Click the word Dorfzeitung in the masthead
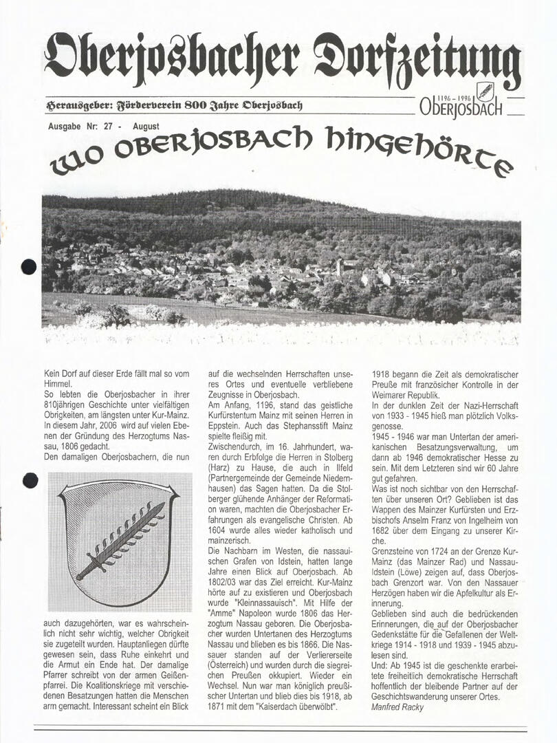(x=417, y=60)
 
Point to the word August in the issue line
(x=146, y=127)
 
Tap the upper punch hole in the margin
(x=29, y=267)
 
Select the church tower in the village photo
(x=338, y=267)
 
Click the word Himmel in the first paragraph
(x=56, y=384)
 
